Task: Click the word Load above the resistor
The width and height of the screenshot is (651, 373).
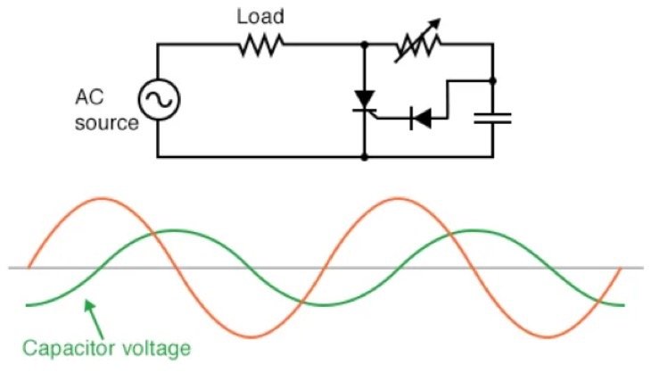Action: click(x=260, y=16)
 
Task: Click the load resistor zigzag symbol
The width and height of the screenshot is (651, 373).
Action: click(x=261, y=45)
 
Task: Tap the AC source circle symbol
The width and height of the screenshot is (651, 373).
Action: click(x=158, y=100)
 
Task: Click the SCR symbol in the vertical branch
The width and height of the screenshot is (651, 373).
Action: click(x=365, y=100)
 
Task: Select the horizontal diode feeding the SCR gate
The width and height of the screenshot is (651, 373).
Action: click(x=419, y=116)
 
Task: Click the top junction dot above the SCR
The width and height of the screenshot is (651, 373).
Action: click(x=365, y=44)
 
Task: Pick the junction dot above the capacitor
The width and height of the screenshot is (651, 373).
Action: click(x=492, y=81)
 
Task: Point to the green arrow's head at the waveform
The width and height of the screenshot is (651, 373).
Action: click(x=87, y=303)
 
